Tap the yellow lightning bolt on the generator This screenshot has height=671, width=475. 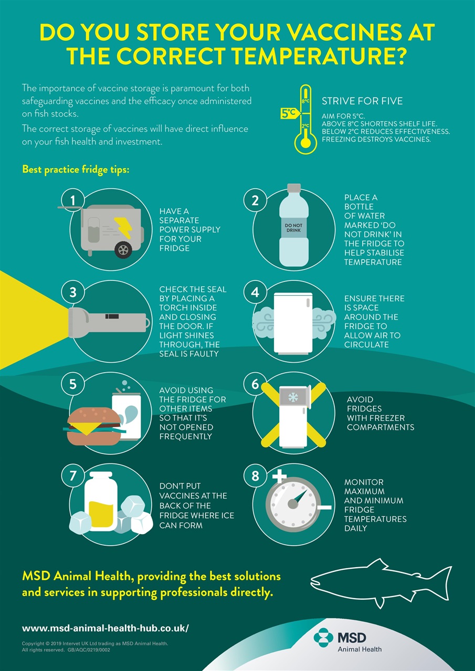[x=123, y=228]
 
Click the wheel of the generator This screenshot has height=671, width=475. [x=123, y=250]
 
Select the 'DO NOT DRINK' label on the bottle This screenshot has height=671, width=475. [x=293, y=228]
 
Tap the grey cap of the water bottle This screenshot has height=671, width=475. [x=294, y=188]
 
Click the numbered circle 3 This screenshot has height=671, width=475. [x=73, y=292]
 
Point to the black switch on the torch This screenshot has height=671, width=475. [x=112, y=316]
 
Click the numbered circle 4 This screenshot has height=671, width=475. [x=255, y=292]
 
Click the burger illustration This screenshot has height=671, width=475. [x=94, y=426]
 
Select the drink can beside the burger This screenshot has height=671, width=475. [x=126, y=416]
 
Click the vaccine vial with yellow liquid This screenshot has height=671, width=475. [x=101, y=502]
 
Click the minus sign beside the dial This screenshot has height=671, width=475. [x=324, y=507]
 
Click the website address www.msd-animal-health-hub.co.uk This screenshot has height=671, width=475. [x=105, y=628]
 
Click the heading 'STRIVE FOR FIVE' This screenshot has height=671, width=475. [x=362, y=101]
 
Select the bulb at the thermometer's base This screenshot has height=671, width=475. [x=305, y=143]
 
